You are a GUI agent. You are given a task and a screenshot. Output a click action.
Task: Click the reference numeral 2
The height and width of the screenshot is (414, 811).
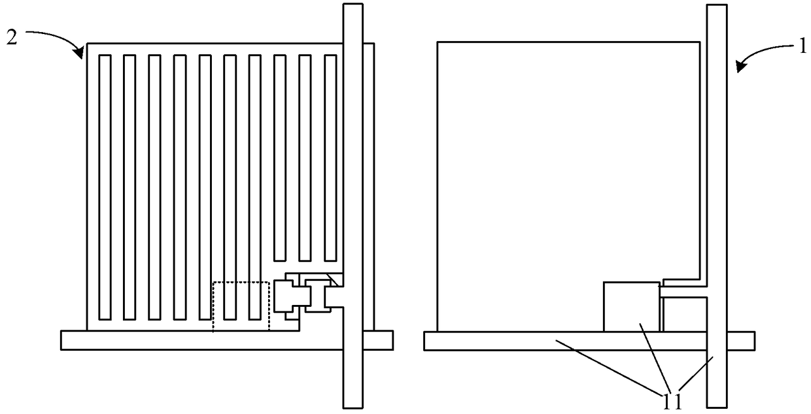pos(12,38)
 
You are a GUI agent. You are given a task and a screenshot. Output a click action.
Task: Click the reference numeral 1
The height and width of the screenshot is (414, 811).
pos(802,46)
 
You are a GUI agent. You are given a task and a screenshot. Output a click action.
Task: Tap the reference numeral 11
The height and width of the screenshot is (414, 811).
pos(672,402)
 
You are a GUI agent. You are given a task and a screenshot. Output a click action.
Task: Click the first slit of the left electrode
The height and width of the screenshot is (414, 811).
pos(105,187)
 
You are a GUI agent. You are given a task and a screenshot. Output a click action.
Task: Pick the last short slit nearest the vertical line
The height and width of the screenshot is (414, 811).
pos(330,158)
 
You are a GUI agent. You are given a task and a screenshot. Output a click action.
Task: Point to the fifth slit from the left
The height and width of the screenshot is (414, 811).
pos(205,187)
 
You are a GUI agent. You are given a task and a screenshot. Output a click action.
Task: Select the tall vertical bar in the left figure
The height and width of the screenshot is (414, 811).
pos(353,206)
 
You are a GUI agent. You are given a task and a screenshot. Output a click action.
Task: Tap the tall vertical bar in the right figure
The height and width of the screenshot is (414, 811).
pos(717,206)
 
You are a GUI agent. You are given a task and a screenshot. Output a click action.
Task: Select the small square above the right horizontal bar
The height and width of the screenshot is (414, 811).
pos(631,307)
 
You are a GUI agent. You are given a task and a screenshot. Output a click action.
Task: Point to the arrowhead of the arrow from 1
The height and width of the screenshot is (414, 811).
pos(740,67)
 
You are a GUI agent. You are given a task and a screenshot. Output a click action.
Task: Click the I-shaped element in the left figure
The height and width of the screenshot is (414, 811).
pos(318,296)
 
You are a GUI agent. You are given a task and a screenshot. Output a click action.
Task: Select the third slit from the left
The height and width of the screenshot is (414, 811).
pos(154,187)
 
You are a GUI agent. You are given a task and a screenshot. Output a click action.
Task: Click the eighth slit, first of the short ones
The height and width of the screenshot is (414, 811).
pos(280,158)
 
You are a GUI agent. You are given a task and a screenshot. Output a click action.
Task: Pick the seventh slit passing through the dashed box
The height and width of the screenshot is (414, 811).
pos(255,187)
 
